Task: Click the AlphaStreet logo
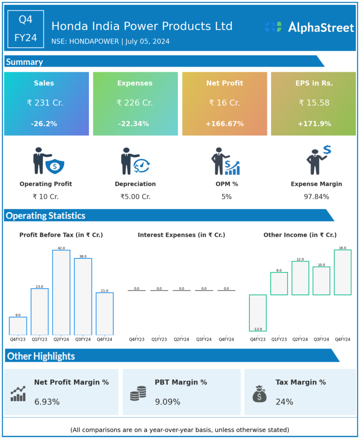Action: [x=309, y=27]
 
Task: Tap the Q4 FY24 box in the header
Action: [x=26, y=29]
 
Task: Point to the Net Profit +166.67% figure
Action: [x=224, y=124]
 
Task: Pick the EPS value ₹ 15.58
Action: [x=313, y=103]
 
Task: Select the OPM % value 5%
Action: [x=227, y=197]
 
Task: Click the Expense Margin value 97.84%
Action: [x=316, y=197]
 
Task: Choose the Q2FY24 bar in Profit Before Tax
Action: [x=61, y=292]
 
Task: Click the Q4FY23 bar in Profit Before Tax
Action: [x=18, y=326]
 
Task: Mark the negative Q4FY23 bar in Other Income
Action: [x=257, y=313]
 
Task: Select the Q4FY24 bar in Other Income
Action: [x=342, y=272]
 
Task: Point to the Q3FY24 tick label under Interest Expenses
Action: [x=204, y=340]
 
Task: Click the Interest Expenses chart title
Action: [x=182, y=235]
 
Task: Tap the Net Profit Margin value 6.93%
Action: [x=47, y=402]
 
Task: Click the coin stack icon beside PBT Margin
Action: [x=138, y=393]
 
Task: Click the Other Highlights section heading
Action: [x=41, y=356]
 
